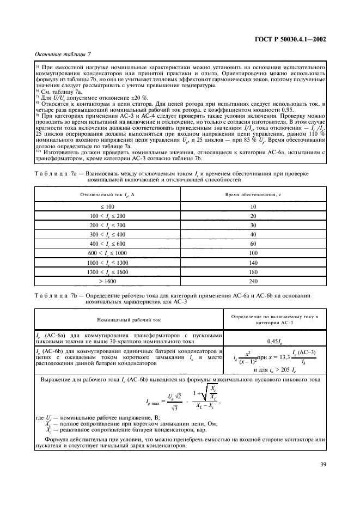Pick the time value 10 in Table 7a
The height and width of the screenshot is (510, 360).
tap(253, 207)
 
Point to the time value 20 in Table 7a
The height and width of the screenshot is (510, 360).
tap(253, 216)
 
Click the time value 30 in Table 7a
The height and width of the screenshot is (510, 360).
tap(253, 225)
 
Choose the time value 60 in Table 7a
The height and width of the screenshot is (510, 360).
tap(253, 244)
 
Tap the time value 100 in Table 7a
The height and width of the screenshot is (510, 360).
tap(253, 253)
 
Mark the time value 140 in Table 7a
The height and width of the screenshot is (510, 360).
tap(253, 262)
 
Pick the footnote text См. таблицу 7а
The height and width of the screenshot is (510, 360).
tap(57, 92)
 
